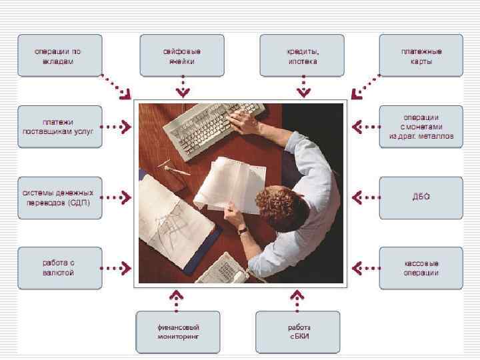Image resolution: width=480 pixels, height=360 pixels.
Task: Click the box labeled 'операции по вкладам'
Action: click(x=59, y=56)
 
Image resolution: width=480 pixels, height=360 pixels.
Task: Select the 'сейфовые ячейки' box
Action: click(x=181, y=56)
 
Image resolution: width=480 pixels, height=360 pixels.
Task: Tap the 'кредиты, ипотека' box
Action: click(x=303, y=56)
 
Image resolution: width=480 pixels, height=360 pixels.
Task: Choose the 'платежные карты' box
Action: click(x=421, y=56)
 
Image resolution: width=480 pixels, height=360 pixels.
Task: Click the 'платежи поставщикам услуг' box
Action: click(x=59, y=127)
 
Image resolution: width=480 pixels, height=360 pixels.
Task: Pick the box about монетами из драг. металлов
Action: click(x=421, y=127)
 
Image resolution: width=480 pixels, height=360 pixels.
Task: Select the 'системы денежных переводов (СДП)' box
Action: click(x=59, y=197)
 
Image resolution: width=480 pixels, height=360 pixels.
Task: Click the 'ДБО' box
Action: click(x=421, y=197)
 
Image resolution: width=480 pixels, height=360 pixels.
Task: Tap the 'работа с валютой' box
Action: click(x=59, y=268)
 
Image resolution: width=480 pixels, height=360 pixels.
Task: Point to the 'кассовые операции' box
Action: click(x=421, y=268)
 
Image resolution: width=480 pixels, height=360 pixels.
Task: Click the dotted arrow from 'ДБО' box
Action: click(x=365, y=197)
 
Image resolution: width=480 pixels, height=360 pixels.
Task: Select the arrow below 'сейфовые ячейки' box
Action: click(x=181, y=87)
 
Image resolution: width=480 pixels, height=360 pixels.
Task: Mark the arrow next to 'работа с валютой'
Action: click(x=117, y=268)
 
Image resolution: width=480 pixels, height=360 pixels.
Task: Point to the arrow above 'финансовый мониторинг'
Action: click(x=177, y=299)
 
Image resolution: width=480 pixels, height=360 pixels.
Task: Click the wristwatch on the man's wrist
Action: click(x=243, y=230)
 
